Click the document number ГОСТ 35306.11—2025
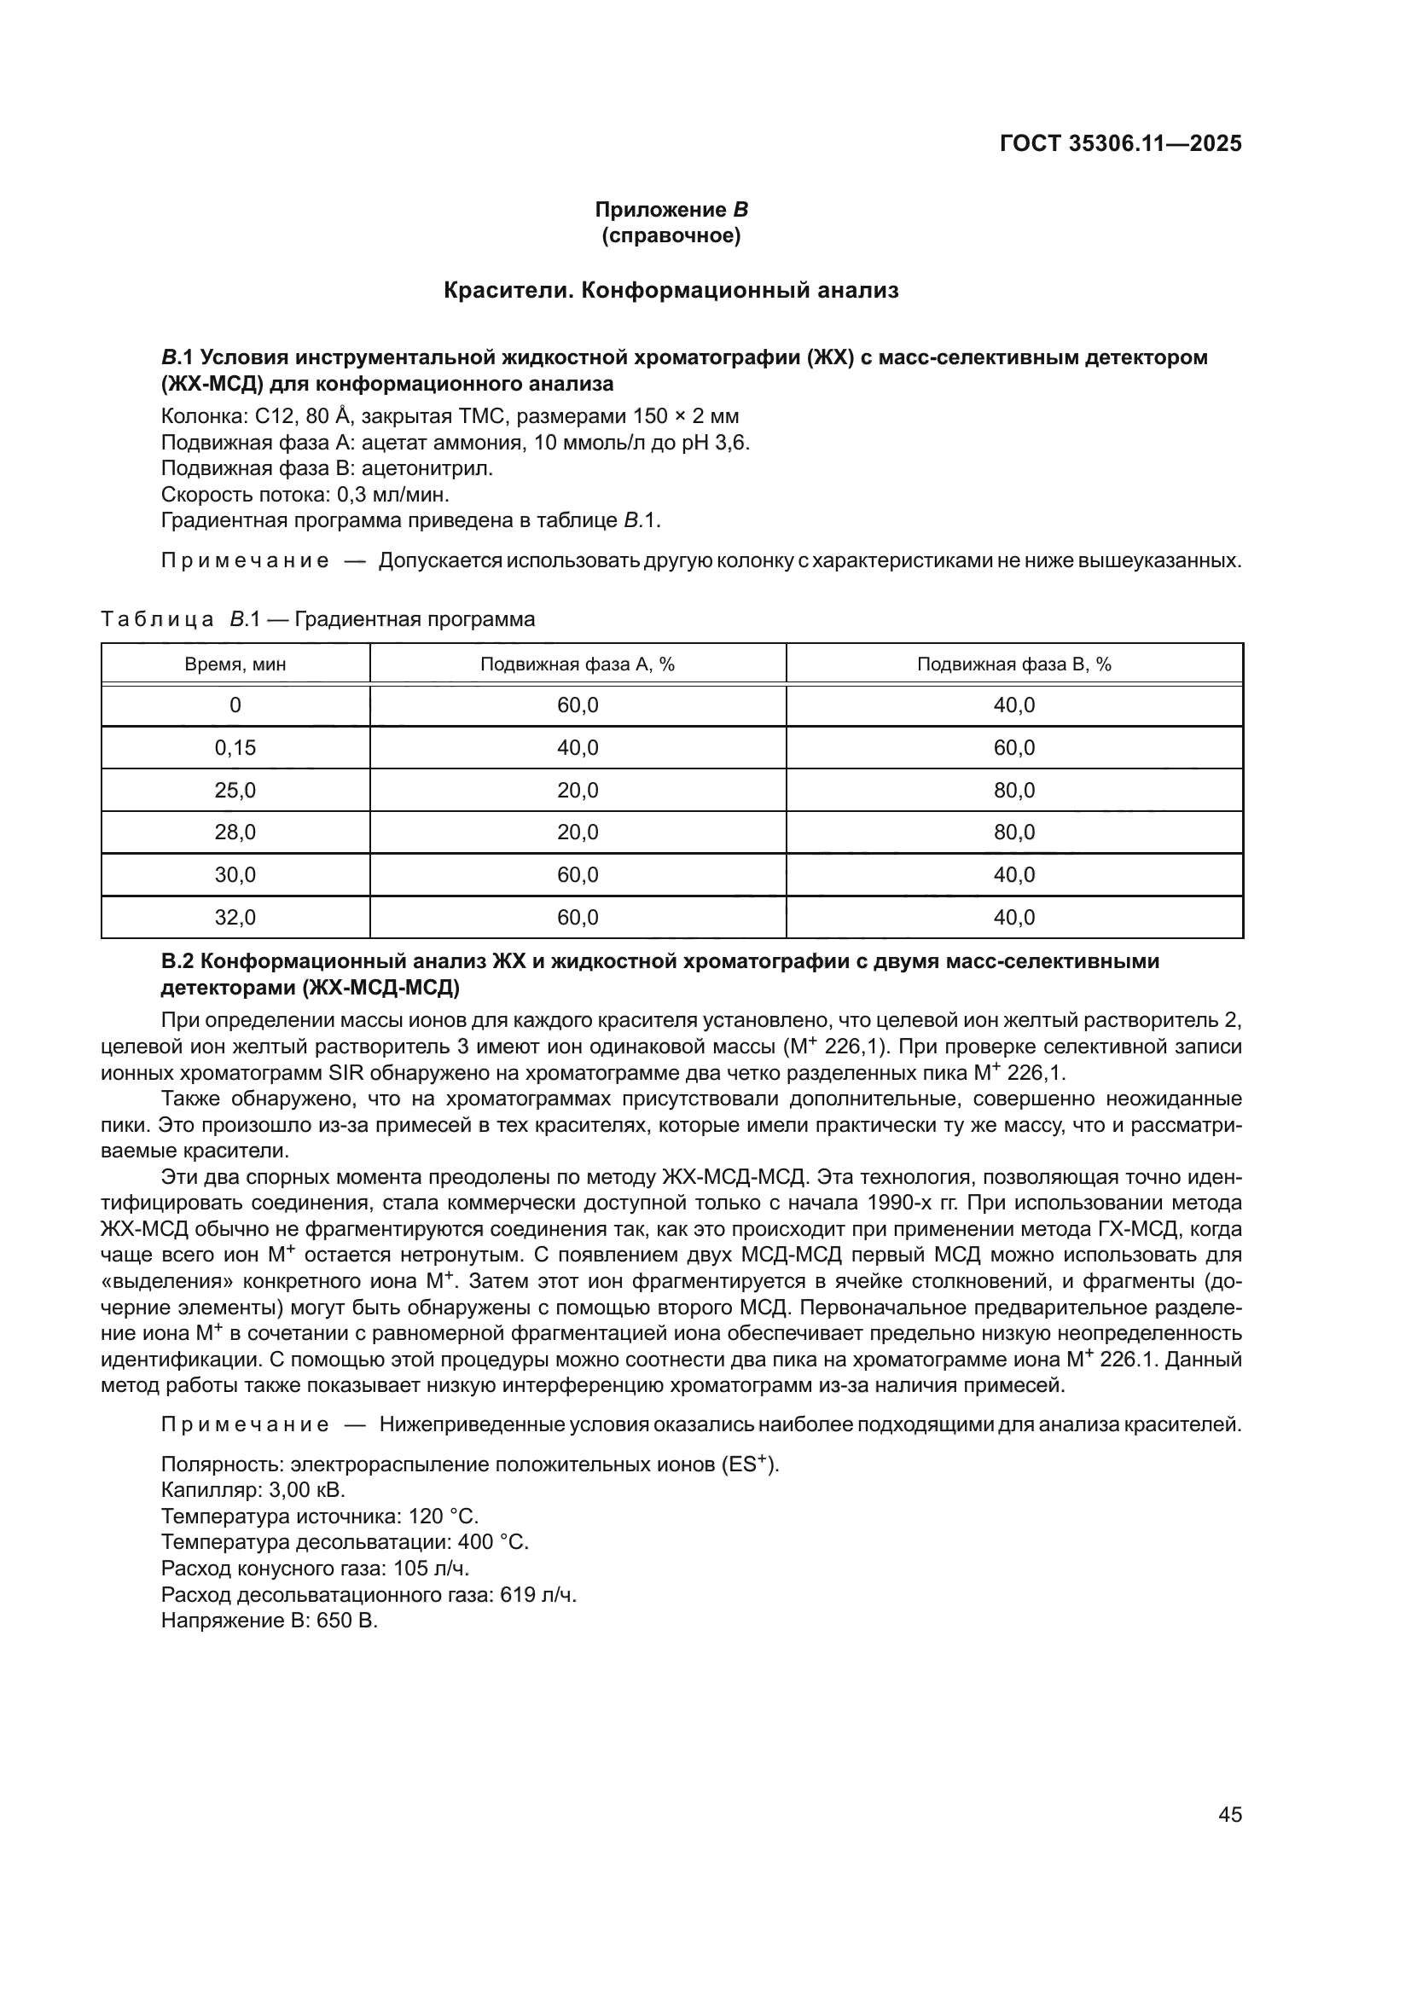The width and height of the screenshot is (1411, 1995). coord(1120,143)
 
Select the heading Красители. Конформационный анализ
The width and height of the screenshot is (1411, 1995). coord(671,290)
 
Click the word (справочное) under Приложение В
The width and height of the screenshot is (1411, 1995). coord(671,235)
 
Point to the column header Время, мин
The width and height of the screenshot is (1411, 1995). coord(235,664)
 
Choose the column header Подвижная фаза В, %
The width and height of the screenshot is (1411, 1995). coord(1014,664)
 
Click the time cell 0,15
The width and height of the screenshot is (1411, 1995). coord(235,747)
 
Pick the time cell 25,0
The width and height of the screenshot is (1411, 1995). coord(235,790)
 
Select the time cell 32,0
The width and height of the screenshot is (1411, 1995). coord(235,918)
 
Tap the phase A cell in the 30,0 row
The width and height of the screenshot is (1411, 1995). coord(578,875)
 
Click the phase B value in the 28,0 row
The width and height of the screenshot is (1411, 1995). coord(1014,832)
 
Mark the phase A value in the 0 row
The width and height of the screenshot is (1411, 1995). coord(578,705)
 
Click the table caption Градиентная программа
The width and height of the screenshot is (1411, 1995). coord(415,619)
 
